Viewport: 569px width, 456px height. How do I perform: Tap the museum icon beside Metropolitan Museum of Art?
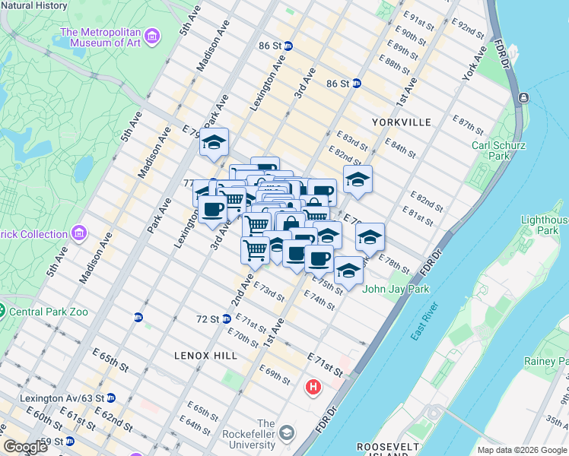(x=152, y=36)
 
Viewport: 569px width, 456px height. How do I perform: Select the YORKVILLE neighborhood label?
(x=402, y=122)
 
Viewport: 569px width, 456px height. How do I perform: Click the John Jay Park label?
(x=396, y=289)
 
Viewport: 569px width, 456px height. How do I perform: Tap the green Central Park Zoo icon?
(x=2, y=312)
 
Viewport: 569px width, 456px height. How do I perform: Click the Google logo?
(x=25, y=447)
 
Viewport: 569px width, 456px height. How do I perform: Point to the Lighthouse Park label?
(x=542, y=224)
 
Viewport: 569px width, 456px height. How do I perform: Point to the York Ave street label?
(x=474, y=65)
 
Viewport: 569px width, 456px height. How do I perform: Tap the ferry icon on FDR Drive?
(x=524, y=98)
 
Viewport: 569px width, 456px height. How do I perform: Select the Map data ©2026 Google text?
(x=521, y=450)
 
